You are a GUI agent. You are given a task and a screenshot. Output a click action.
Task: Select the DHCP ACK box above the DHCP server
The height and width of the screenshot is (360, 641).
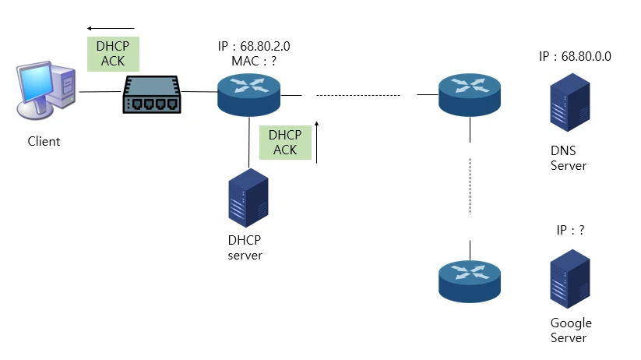pyautogui.click(x=285, y=142)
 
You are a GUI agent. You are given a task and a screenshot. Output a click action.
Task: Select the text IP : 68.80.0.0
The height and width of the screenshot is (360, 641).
pyautogui.click(x=575, y=57)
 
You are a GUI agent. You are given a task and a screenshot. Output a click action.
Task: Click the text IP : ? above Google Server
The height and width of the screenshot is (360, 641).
pyautogui.click(x=571, y=231)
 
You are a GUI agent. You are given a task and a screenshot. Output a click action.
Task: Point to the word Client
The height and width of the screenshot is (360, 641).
pyautogui.click(x=44, y=142)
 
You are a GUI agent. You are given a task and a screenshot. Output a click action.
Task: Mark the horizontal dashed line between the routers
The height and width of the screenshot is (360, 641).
pyautogui.click(x=358, y=95)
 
